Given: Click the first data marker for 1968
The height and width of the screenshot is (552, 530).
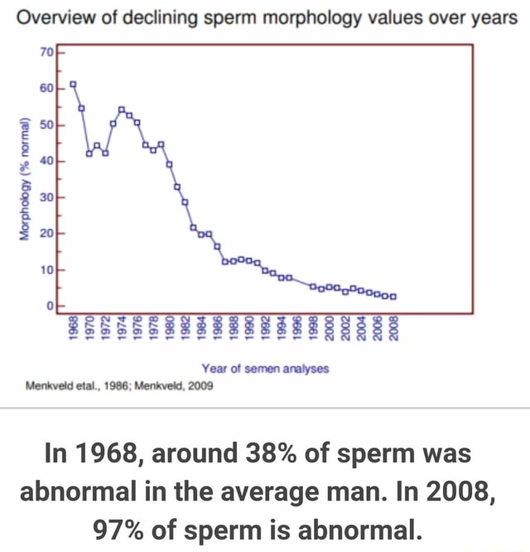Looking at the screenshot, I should click(x=73, y=85).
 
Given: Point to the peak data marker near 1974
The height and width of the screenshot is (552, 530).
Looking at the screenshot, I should click(x=121, y=109).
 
